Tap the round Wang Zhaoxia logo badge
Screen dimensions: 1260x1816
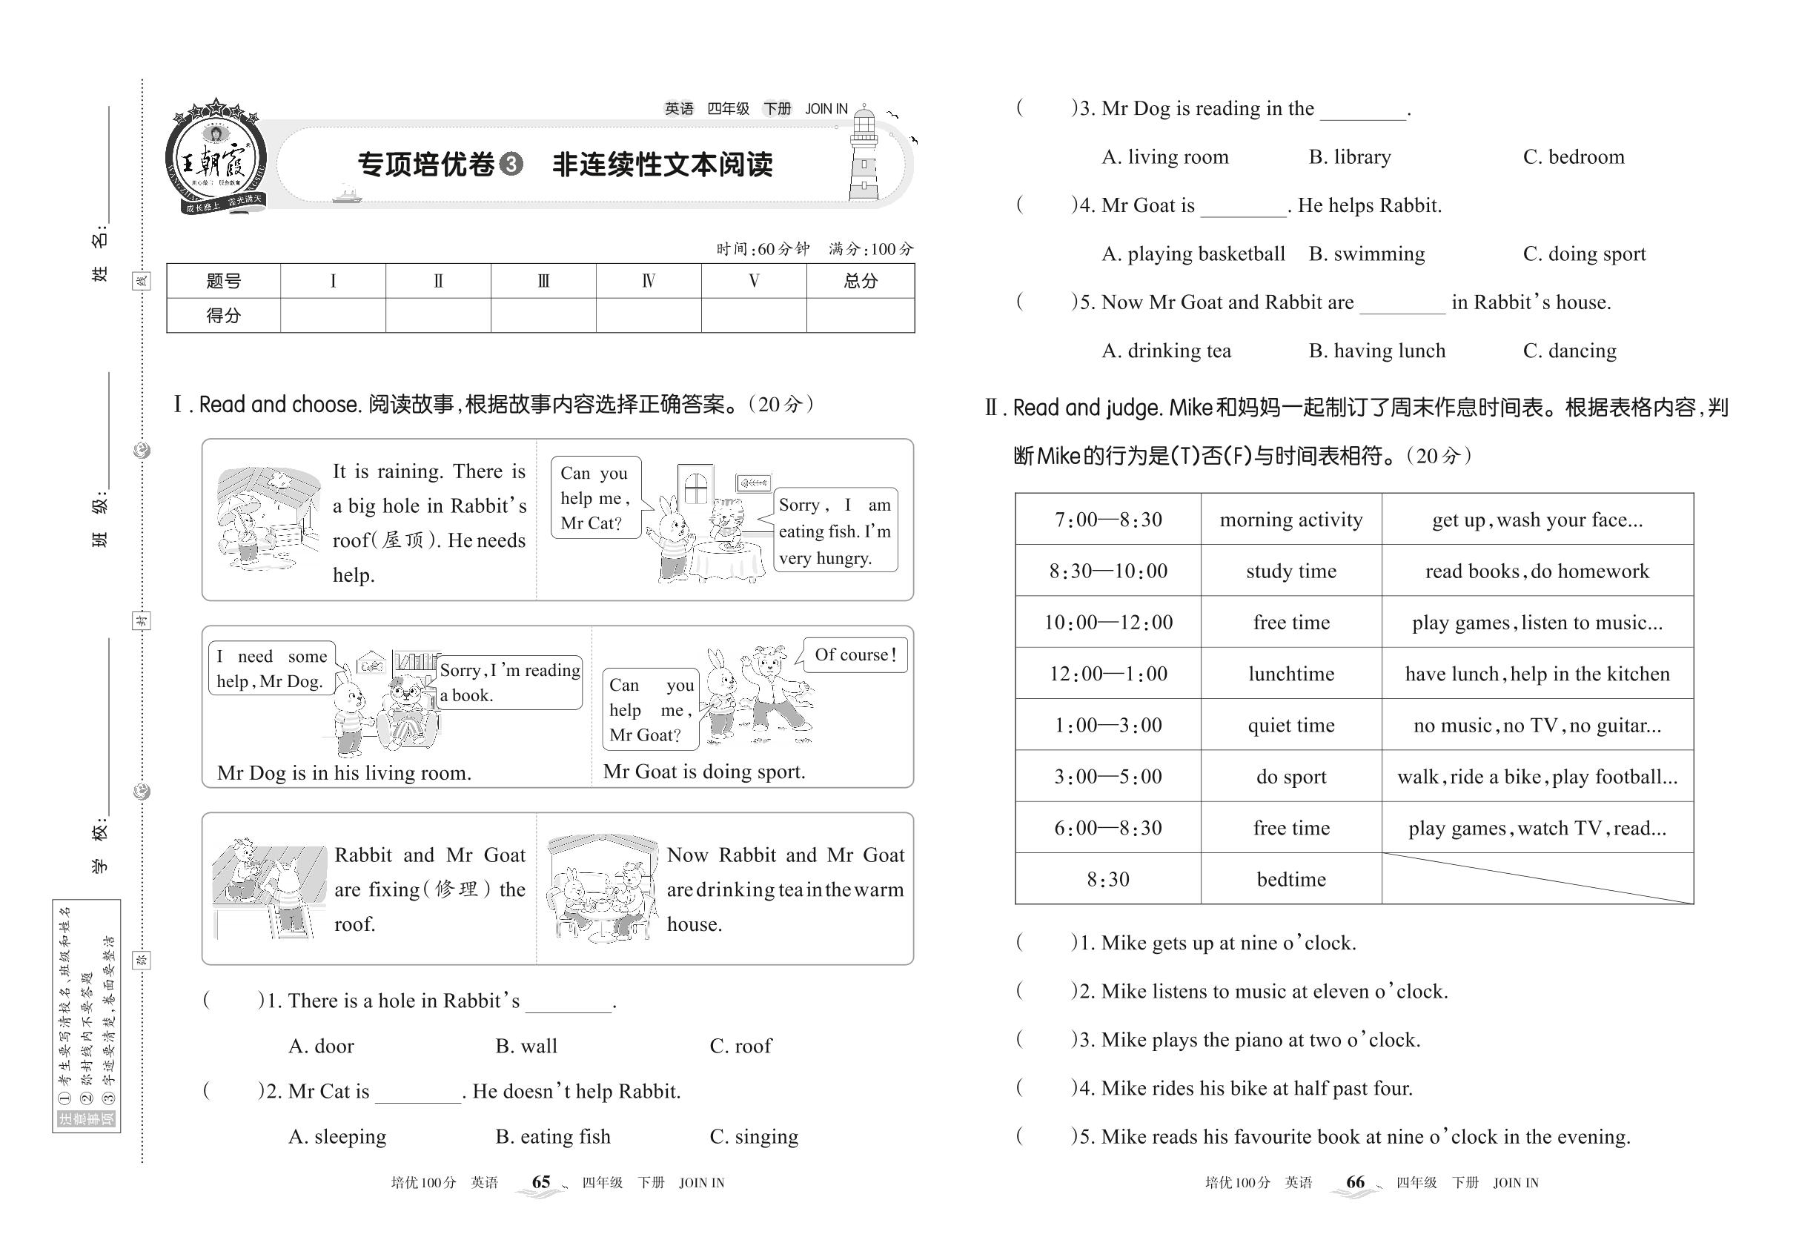click(x=215, y=158)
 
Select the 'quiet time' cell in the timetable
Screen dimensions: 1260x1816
click(x=1290, y=725)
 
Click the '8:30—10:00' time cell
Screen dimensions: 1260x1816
click(x=1107, y=571)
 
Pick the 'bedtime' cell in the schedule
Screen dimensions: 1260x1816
click(x=1290, y=879)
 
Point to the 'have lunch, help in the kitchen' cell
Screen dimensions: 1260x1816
click(x=1537, y=674)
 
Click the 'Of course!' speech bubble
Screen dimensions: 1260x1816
click(x=855, y=655)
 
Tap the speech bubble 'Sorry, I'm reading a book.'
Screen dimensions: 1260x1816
click(x=509, y=682)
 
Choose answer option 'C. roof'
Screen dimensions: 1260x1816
click(x=740, y=1046)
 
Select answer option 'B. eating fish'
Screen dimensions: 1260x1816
click(x=553, y=1137)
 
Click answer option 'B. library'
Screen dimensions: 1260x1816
click(x=1349, y=157)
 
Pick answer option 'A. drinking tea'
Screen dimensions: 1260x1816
click(x=1166, y=351)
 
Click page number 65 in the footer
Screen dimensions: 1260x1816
click(x=541, y=1182)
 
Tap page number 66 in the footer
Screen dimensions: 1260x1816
click(x=1355, y=1182)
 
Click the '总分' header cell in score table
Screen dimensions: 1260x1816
click(x=860, y=281)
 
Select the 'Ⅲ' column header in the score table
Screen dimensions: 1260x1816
click(x=543, y=281)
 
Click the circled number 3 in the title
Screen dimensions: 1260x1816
click(x=511, y=165)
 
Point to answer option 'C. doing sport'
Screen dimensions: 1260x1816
click(x=1584, y=254)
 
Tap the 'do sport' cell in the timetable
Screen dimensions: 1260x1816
click(x=1290, y=776)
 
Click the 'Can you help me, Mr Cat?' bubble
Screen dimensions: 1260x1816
click(x=595, y=497)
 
